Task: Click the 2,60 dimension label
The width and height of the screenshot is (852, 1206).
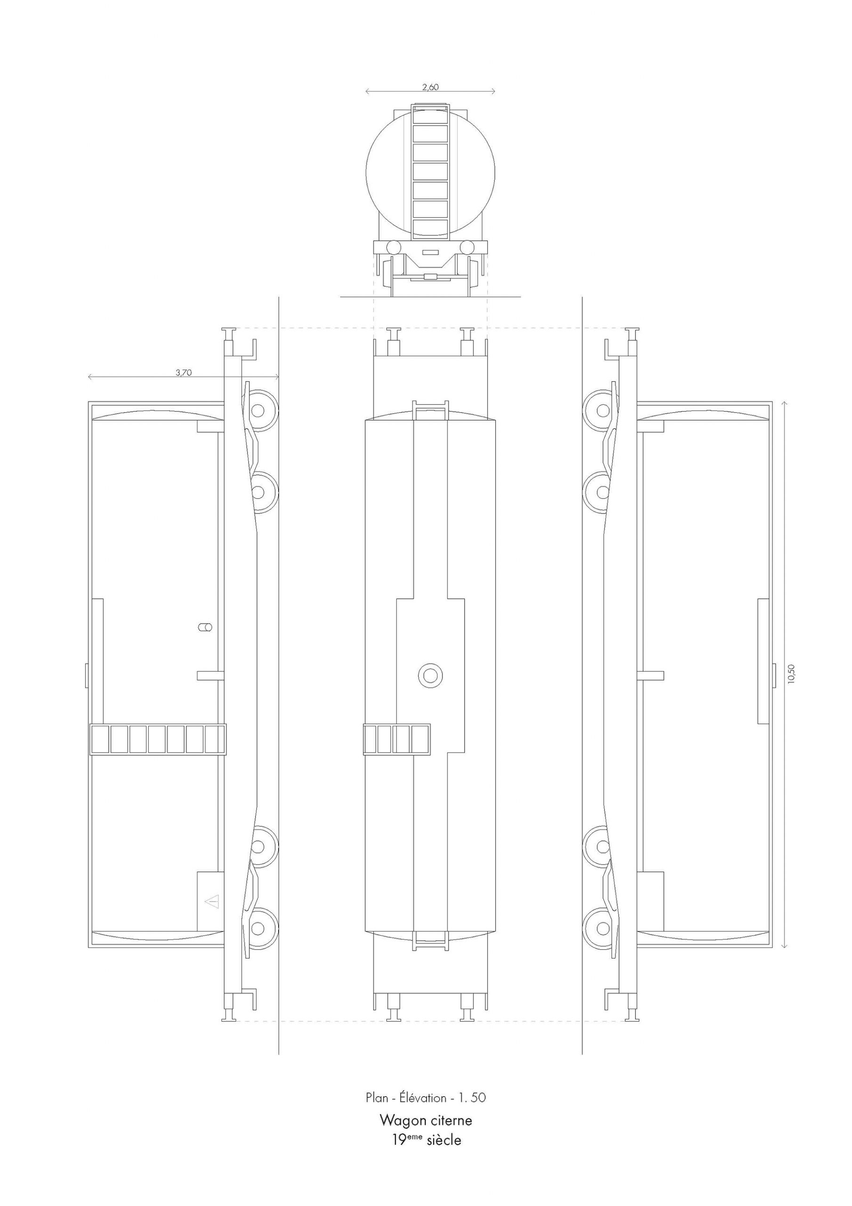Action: pyautogui.click(x=430, y=87)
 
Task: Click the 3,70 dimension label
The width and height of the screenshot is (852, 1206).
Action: pyautogui.click(x=183, y=373)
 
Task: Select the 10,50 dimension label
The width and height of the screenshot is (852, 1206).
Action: pyautogui.click(x=791, y=674)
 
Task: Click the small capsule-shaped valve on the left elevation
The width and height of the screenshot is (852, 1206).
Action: pyautogui.click(x=205, y=627)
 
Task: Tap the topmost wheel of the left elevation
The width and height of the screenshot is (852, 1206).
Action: pyautogui.click(x=258, y=410)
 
